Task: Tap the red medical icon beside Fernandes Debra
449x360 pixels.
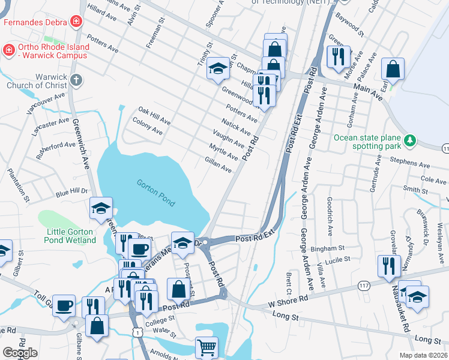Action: [x=76, y=23]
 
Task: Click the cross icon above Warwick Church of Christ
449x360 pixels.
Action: [x=76, y=80]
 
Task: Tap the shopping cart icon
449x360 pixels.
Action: [x=206, y=347]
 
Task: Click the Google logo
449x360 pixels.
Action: [x=20, y=352]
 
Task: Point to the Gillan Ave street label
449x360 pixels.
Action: [x=218, y=166]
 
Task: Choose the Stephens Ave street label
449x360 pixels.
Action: [x=410, y=163]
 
